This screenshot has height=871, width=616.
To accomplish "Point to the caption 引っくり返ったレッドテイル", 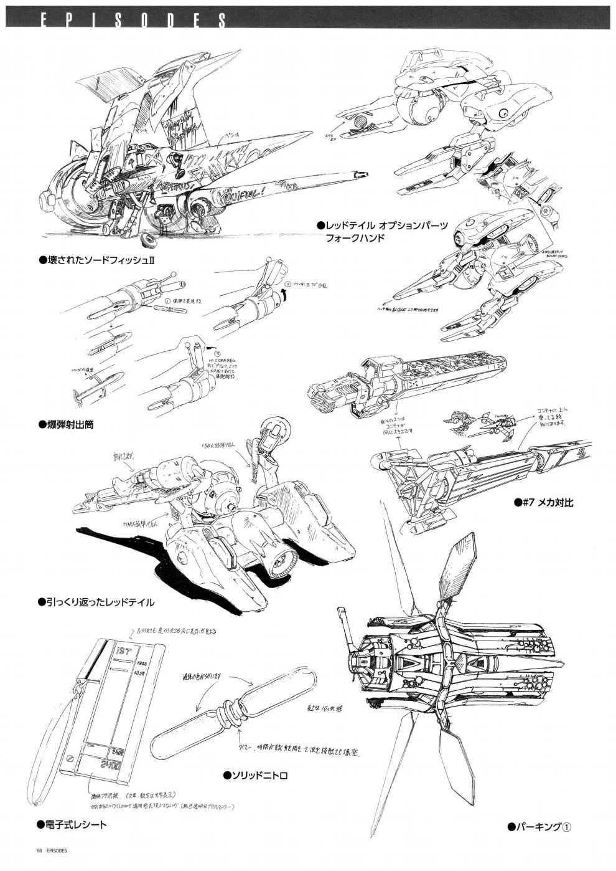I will [x=100, y=602].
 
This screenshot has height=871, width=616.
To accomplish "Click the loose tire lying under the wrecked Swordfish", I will [x=149, y=240].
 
